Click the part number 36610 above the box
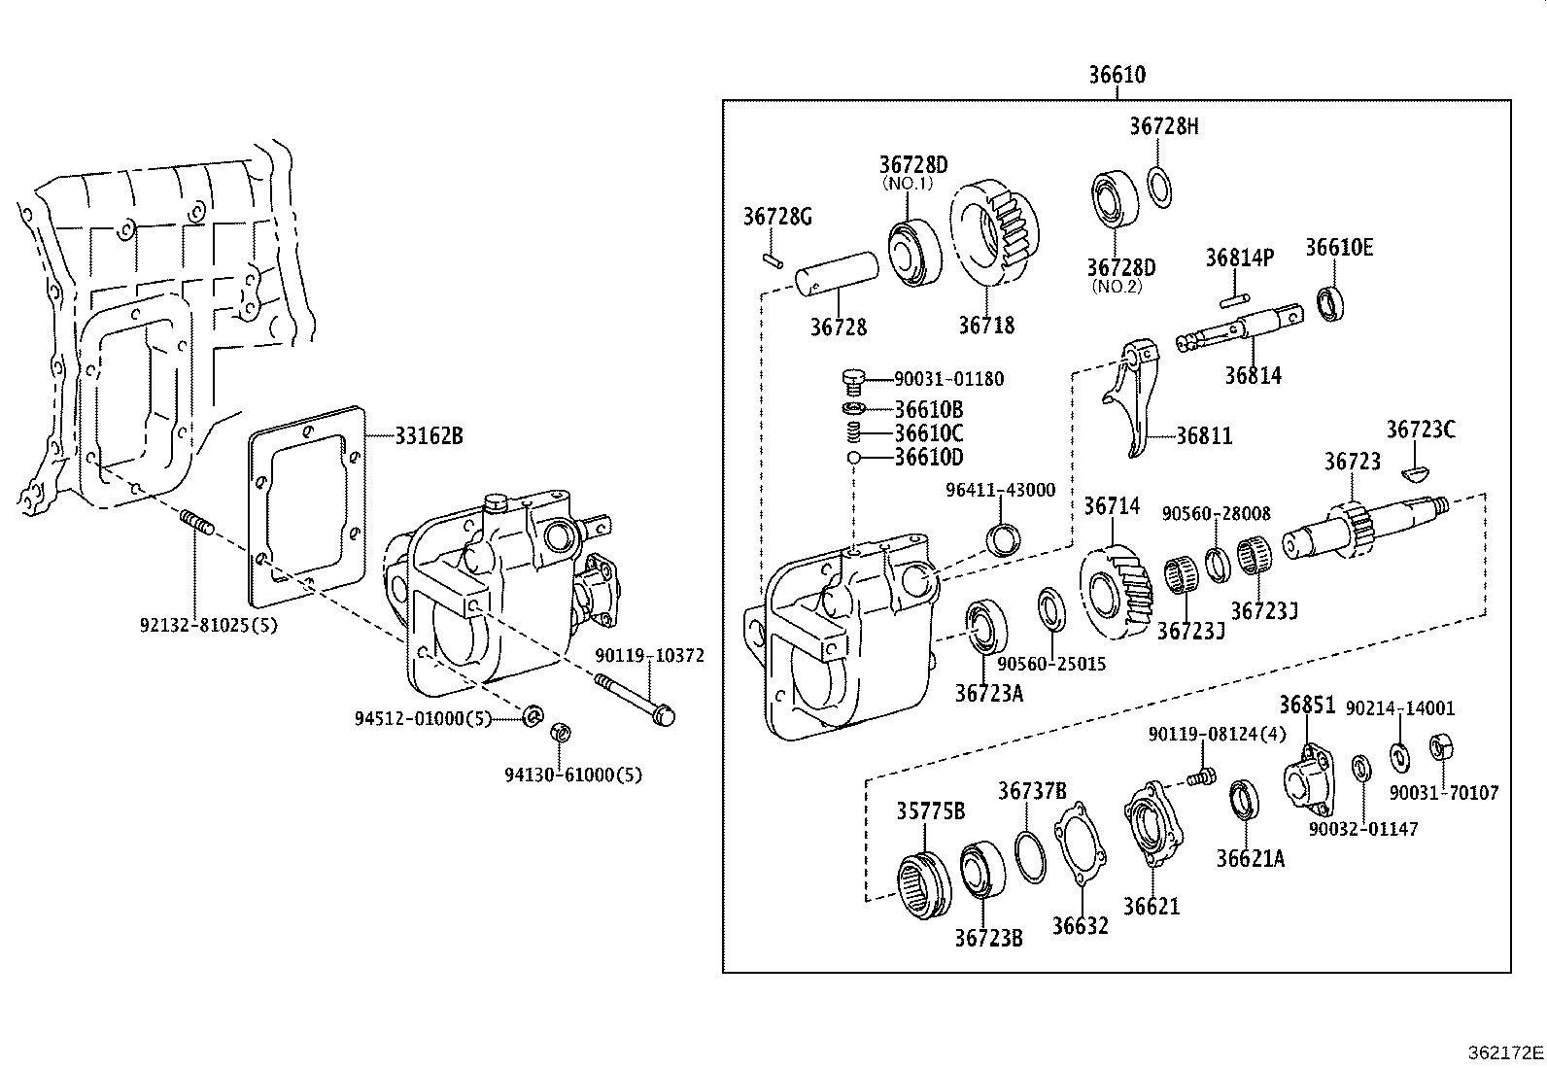click(x=1116, y=75)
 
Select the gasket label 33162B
click(x=429, y=436)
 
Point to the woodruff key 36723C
click(x=1418, y=473)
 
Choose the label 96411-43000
click(x=1000, y=491)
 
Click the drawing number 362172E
click(x=1505, y=1052)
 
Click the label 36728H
click(x=1163, y=126)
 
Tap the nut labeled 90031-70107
click(x=1440, y=747)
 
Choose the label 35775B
click(x=929, y=811)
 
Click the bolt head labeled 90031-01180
click(x=852, y=379)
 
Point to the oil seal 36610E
click(x=1330, y=302)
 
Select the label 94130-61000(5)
click(x=572, y=775)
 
